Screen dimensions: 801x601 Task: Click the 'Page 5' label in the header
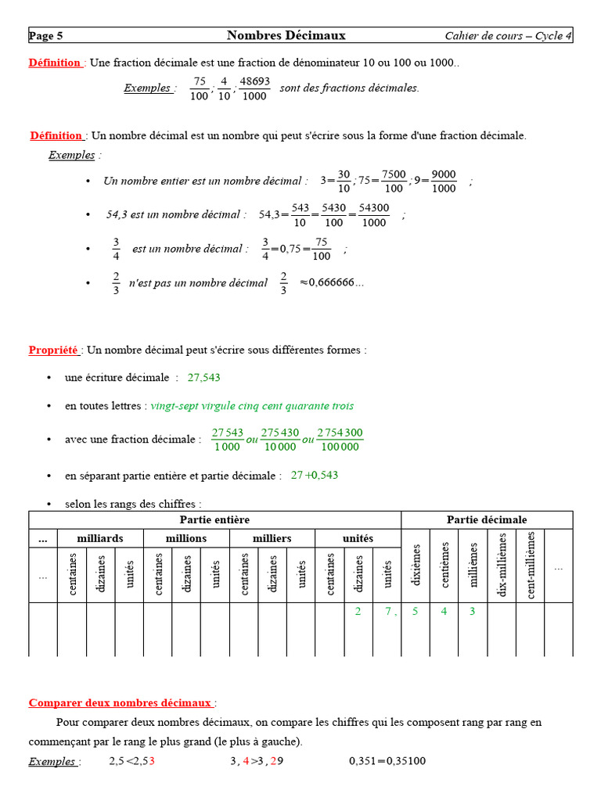pyautogui.click(x=46, y=36)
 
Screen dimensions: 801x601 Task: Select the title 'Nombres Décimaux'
pyautogui.click(x=286, y=35)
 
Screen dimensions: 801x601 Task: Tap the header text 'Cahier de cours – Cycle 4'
pyautogui.click(x=508, y=36)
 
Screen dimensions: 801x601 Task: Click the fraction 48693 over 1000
pyautogui.click(x=254, y=88)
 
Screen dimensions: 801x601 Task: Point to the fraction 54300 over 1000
pyautogui.click(x=374, y=215)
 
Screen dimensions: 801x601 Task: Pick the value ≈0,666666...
pyautogui.click(x=332, y=282)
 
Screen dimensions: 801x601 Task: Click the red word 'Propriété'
pyautogui.click(x=53, y=350)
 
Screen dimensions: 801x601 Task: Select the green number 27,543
pyautogui.click(x=203, y=377)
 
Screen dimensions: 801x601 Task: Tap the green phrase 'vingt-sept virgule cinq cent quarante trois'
pyautogui.click(x=251, y=406)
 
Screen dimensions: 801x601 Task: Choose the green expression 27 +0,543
pyautogui.click(x=314, y=475)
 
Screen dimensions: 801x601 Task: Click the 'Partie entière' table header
pyautogui.click(x=214, y=519)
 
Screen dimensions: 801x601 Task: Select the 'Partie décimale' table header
pyautogui.click(x=487, y=519)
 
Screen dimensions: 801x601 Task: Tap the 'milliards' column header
pyautogui.click(x=99, y=538)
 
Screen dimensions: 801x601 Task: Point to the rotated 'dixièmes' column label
pyautogui.click(x=416, y=566)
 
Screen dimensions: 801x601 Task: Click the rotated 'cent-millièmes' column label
pyautogui.click(x=530, y=565)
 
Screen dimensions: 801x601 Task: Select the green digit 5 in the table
pyautogui.click(x=416, y=612)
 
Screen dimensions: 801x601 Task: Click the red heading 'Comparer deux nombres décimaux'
pyautogui.click(x=121, y=702)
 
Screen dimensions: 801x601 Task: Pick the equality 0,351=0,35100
pyautogui.click(x=387, y=760)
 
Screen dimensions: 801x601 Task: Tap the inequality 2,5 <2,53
pyautogui.click(x=131, y=760)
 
